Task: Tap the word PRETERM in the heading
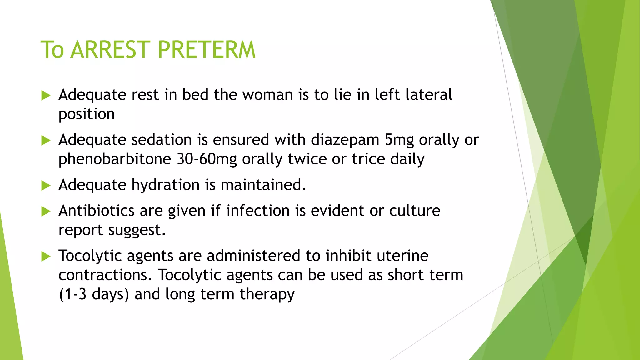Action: pyautogui.click(x=207, y=50)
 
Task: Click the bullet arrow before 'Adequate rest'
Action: pyautogui.click(x=46, y=95)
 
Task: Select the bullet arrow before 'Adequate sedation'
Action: pyautogui.click(x=46, y=140)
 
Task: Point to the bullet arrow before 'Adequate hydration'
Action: pyautogui.click(x=46, y=186)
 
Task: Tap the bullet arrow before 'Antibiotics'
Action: pyautogui.click(x=46, y=212)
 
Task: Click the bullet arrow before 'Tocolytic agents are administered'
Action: pyautogui.click(x=46, y=257)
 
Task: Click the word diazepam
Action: pyautogui.click(x=345, y=140)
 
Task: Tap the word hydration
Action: pyautogui.click(x=165, y=185)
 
